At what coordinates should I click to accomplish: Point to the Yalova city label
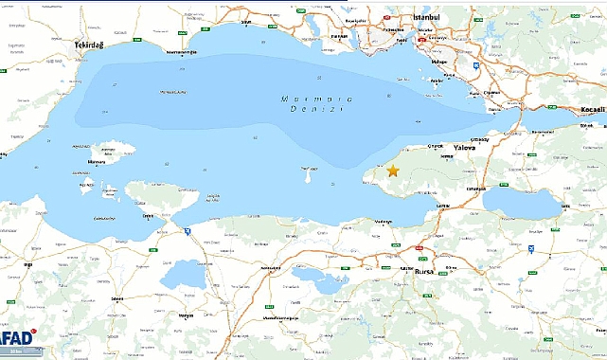(465, 149)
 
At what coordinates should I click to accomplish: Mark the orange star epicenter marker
(393, 171)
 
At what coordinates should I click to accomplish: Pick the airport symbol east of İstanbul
(474, 65)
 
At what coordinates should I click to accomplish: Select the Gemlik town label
(441, 206)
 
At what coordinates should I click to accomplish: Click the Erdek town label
(147, 215)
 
